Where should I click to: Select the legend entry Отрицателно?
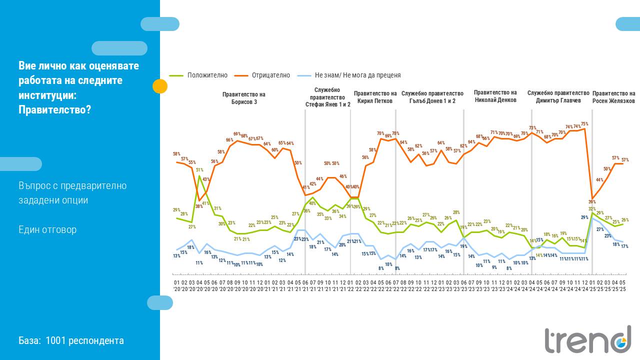click(270, 75)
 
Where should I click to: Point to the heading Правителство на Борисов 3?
click(244, 98)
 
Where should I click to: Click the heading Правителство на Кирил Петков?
click(375, 97)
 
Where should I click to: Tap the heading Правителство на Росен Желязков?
click(613, 97)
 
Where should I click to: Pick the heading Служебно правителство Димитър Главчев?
click(558, 97)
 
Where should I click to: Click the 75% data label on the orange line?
click(584, 123)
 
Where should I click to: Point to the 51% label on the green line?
click(199, 170)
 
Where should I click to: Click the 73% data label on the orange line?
click(532, 128)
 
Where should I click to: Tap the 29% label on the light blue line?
click(584, 217)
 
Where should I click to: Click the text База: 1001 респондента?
click(71, 341)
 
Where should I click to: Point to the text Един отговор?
click(47, 230)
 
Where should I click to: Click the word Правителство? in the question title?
click(55, 109)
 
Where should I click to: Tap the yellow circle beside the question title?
click(159, 86)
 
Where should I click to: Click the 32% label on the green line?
click(591, 209)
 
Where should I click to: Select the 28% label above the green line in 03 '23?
click(456, 212)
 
